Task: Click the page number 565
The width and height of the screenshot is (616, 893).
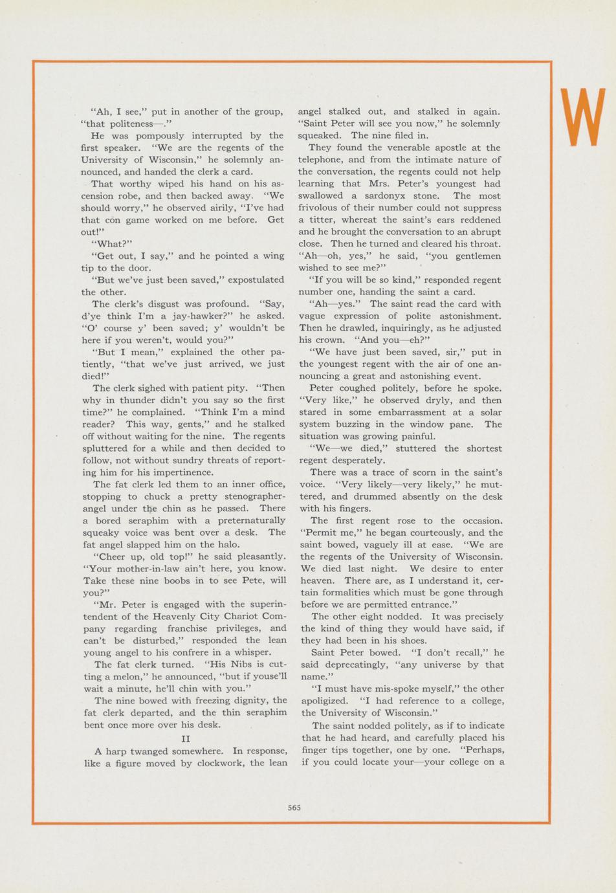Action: click(294, 807)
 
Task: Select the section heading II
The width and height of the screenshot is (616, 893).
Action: click(184, 738)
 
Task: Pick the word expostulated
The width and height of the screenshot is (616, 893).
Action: click(252, 280)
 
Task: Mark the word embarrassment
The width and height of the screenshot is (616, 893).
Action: click(418, 412)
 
